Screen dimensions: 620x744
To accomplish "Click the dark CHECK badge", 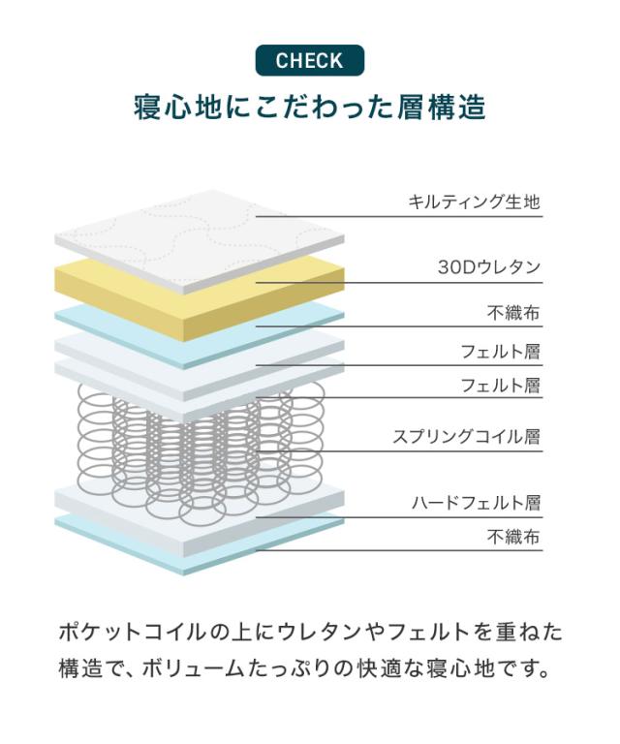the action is click(x=310, y=60).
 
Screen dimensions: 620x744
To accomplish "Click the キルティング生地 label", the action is click(x=475, y=201).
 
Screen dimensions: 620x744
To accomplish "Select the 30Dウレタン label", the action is click(x=489, y=267).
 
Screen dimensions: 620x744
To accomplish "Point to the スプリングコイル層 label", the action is click(x=467, y=436).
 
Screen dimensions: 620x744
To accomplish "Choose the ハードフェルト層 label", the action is click(x=477, y=502).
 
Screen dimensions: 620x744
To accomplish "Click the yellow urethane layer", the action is click(x=200, y=299).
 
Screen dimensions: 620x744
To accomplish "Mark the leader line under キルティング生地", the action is click(x=399, y=217).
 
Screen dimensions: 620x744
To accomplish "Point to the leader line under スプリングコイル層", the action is click(x=399, y=450).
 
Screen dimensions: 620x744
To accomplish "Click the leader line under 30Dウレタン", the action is click(x=399, y=283).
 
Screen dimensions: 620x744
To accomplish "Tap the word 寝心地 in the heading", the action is click(x=177, y=108).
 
